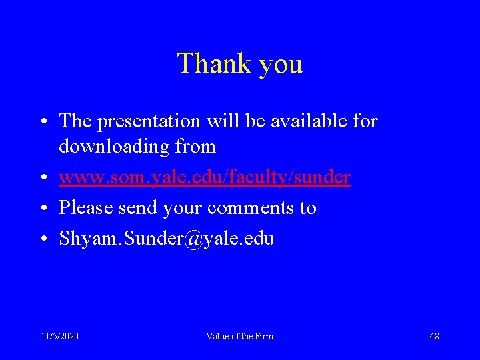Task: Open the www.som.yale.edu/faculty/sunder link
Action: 205,177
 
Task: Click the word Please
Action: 87,208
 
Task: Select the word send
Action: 137,208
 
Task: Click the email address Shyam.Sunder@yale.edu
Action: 166,239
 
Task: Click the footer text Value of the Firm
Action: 240,336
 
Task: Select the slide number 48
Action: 434,336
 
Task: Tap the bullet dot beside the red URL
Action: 42,178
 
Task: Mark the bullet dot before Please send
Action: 42,209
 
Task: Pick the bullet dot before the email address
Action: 42,239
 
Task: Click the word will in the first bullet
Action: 223,121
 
